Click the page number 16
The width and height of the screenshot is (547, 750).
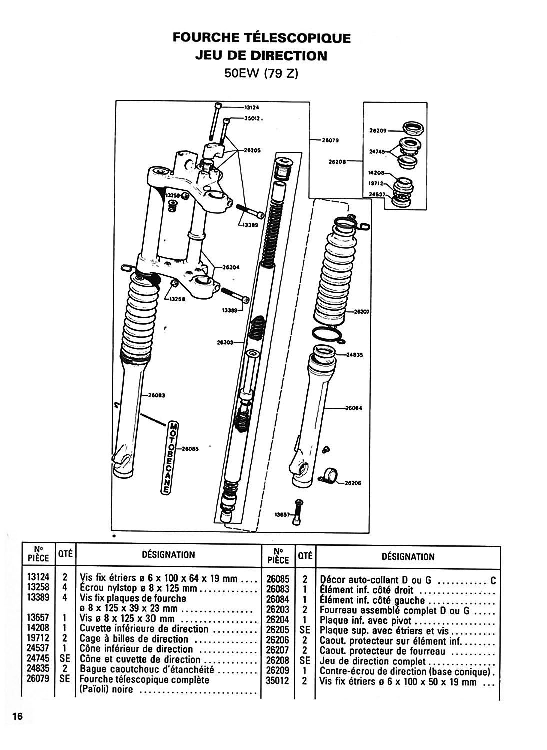tap(17, 716)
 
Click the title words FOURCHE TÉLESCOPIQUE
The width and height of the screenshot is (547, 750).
tap(261, 38)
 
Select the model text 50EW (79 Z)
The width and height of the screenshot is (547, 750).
tap(261, 73)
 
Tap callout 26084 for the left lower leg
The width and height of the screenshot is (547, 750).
tap(354, 408)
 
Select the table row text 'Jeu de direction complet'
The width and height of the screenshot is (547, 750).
tap(372, 662)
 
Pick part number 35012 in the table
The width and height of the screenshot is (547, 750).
tap(278, 681)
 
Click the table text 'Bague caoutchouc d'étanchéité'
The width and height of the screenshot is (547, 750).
tap(147, 669)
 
